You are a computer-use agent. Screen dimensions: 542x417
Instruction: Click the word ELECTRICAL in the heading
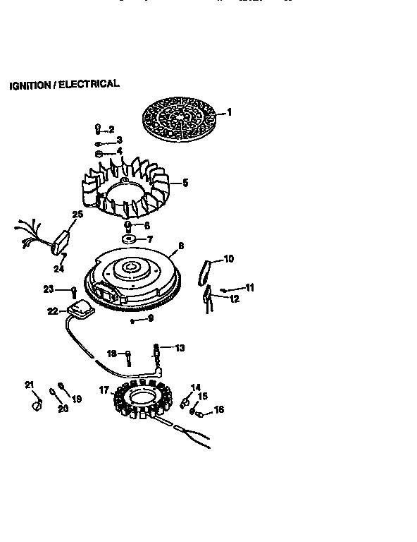click(89, 84)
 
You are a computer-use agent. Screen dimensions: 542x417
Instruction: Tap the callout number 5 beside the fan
click(185, 183)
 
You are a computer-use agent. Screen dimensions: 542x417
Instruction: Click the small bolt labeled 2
click(97, 128)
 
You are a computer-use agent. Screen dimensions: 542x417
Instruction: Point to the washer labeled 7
click(129, 240)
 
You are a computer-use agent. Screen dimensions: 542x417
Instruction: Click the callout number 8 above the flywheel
click(181, 246)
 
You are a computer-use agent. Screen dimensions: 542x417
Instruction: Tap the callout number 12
click(234, 299)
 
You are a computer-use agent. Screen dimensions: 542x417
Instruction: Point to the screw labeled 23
click(73, 290)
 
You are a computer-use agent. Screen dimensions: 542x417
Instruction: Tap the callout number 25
click(77, 214)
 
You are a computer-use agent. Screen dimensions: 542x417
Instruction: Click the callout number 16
click(219, 409)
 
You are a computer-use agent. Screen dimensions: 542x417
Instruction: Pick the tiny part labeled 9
click(132, 320)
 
